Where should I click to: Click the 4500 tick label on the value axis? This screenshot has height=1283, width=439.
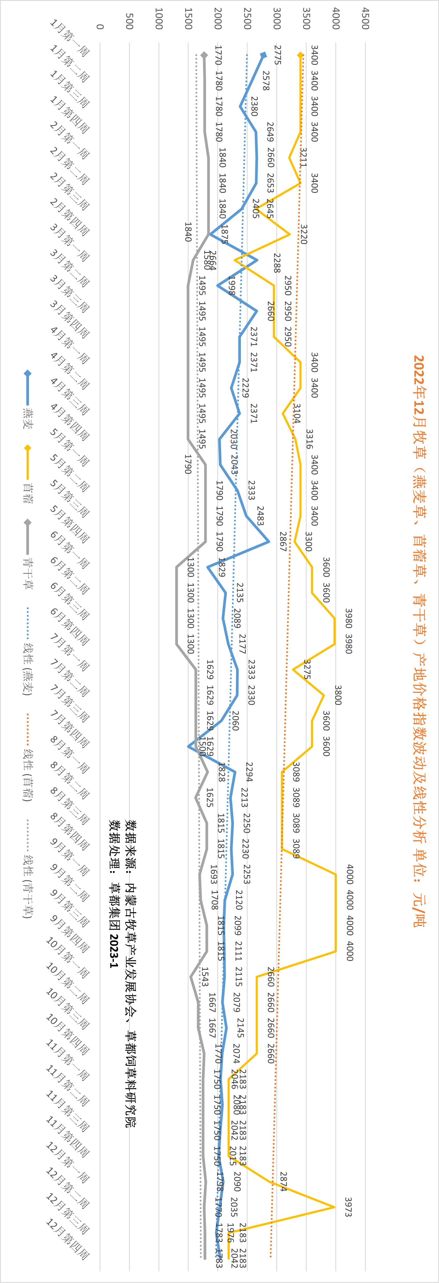click(365, 19)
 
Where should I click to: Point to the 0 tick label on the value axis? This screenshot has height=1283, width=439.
click(100, 26)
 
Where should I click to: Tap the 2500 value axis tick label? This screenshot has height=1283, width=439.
click(247, 19)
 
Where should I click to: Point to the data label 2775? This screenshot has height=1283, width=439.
click(277, 55)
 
